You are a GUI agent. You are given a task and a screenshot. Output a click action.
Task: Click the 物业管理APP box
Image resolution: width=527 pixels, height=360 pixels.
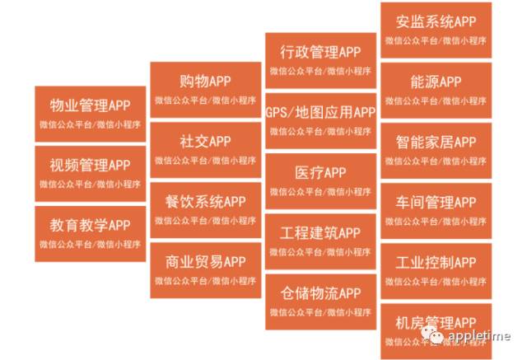[91, 113]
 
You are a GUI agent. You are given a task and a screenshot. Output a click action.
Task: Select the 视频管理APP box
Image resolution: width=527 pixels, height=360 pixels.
[91, 173]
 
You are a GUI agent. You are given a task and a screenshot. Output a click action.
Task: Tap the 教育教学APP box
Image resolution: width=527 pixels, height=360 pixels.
[91, 232]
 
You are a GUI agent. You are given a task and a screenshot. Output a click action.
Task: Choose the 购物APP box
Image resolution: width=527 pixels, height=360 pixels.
[205, 89]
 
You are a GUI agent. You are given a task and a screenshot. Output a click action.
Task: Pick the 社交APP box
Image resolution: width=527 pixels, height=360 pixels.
[205, 149]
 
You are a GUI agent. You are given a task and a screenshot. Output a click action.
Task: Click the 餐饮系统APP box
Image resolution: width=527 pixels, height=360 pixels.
[205, 209]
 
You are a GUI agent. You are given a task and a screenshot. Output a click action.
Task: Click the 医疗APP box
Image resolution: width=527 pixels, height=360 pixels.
[320, 180]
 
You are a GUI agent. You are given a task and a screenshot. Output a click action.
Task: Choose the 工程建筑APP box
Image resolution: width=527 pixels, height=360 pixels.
[320, 241]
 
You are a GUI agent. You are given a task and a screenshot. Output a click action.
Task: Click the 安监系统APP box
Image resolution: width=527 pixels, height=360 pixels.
[436, 30]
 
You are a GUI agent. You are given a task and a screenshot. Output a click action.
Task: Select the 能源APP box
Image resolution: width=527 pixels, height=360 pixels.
[436, 90]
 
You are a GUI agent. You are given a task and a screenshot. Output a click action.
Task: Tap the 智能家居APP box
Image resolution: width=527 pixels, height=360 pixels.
[436, 150]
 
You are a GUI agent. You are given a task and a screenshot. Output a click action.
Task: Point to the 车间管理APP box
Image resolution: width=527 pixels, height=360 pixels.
[436, 210]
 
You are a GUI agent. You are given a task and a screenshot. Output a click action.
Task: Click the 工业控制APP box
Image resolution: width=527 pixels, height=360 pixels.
[436, 270]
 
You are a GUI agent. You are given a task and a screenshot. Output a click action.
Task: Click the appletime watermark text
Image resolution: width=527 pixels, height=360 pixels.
[479, 336]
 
